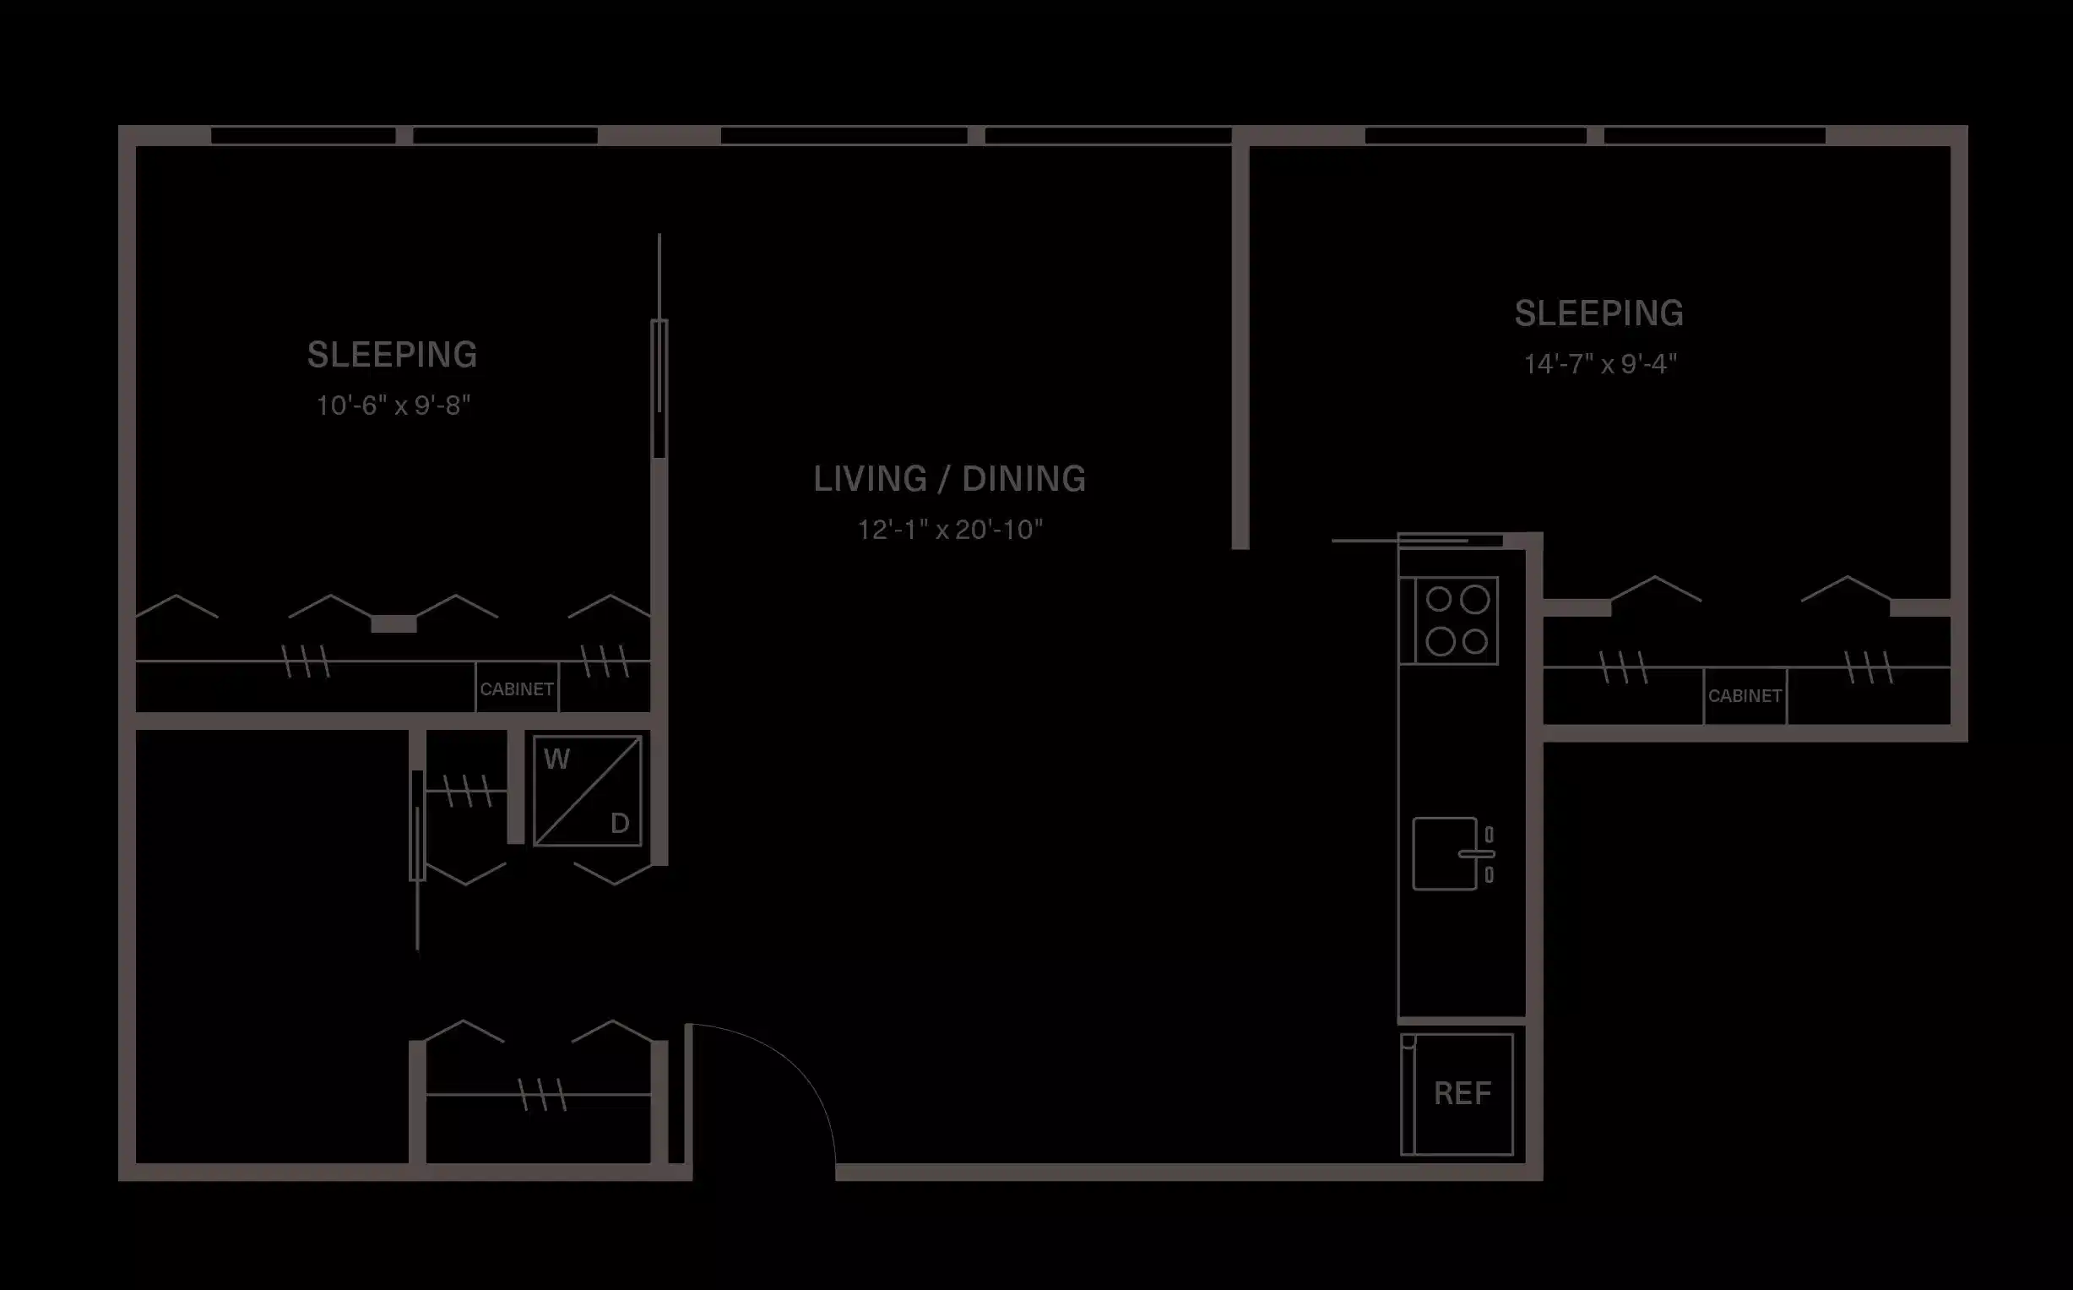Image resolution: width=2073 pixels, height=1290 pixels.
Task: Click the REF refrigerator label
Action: pos(1462,1094)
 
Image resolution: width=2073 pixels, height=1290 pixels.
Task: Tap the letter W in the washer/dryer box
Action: pos(556,759)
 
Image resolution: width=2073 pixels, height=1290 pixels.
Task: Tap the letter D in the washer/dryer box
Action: pos(620,824)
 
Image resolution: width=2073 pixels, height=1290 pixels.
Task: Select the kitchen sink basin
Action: pos(1443,854)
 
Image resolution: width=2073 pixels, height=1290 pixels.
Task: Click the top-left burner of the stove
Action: pos(1439,600)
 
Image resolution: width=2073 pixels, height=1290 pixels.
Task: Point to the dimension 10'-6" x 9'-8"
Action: pos(393,406)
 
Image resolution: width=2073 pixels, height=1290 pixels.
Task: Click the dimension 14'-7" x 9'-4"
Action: pos(1600,364)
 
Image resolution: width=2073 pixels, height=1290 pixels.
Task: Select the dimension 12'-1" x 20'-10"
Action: pos(949,530)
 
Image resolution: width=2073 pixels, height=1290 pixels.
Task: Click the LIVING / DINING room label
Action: pos(949,479)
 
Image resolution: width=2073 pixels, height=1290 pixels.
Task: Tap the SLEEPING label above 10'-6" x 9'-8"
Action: pos(393,355)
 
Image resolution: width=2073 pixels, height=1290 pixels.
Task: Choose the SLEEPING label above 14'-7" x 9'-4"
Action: pos(1599,313)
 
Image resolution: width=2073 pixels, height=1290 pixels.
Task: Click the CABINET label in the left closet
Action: pos(517,689)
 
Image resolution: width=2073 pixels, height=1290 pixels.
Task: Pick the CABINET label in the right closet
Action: pos(1745,696)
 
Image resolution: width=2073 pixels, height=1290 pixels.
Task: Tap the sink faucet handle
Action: pos(1477,854)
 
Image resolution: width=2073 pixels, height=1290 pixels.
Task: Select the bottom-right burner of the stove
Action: pos(1475,640)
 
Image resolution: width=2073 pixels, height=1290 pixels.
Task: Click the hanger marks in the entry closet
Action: pos(542,1095)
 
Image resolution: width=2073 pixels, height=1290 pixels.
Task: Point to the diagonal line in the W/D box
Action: pos(589,791)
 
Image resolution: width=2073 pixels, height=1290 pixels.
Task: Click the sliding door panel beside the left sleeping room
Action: pos(659,389)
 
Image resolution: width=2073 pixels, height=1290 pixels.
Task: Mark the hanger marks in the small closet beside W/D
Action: pos(468,791)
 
